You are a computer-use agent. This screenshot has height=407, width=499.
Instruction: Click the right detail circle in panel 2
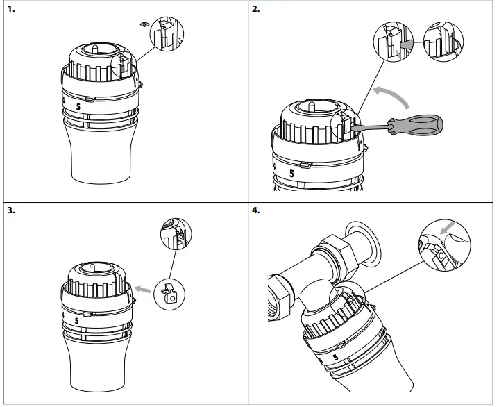pyautogui.click(x=439, y=42)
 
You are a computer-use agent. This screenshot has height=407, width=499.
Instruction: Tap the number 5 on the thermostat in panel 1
pyautogui.click(x=78, y=107)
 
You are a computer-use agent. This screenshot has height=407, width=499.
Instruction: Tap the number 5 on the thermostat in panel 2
pyautogui.click(x=291, y=171)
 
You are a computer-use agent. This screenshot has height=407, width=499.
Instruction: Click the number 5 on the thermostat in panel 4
pyautogui.click(x=337, y=358)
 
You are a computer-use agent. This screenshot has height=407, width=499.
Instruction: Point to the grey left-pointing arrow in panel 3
pyautogui.click(x=144, y=287)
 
